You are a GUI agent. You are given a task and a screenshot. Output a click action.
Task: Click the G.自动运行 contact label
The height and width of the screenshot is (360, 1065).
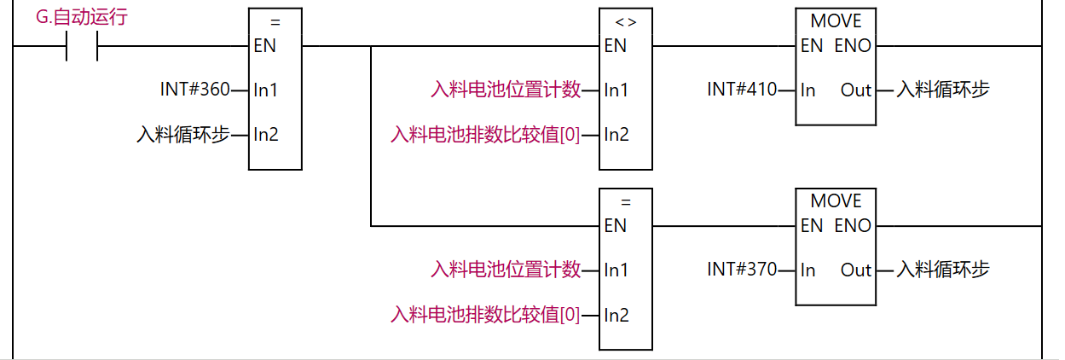click(82, 16)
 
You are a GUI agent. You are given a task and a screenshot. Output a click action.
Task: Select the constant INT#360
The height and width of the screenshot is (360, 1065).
click(194, 90)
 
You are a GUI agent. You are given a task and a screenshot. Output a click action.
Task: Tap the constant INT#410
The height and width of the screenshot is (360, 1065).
click(742, 90)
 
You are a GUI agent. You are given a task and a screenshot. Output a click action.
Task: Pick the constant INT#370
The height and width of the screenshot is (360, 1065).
click(742, 270)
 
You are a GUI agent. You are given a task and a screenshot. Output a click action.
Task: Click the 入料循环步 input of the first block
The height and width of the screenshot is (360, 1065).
click(183, 134)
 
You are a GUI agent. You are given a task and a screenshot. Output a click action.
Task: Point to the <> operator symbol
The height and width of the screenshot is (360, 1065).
click(625, 21)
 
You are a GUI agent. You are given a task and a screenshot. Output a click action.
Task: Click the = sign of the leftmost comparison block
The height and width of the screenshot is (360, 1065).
click(275, 22)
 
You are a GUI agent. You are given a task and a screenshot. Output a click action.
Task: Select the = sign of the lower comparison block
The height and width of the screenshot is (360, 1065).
click(625, 202)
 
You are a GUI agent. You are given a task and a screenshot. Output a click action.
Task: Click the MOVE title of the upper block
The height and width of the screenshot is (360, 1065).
click(836, 20)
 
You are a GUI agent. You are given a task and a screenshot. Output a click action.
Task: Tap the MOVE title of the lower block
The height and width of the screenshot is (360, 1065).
click(836, 201)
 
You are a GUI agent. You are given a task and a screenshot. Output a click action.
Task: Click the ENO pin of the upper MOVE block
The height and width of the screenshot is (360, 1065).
click(853, 46)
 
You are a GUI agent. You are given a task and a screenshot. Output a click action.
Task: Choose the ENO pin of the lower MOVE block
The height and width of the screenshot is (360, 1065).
click(853, 226)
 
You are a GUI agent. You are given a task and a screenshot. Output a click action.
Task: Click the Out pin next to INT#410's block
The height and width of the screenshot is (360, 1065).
click(856, 90)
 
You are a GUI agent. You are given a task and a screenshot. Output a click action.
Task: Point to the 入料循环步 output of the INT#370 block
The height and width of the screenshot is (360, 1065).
click(942, 270)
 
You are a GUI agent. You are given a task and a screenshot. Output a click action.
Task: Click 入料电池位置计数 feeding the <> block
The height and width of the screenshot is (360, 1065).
click(506, 90)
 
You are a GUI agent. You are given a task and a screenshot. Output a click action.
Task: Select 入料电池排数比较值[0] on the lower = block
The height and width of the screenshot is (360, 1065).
click(485, 315)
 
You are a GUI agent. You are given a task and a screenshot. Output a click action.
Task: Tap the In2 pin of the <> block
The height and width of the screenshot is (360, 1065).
click(616, 134)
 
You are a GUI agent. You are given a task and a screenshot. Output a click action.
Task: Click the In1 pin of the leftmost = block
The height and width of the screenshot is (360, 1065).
click(265, 90)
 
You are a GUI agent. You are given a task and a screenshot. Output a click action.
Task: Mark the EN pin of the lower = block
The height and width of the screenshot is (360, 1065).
click(615, 226)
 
